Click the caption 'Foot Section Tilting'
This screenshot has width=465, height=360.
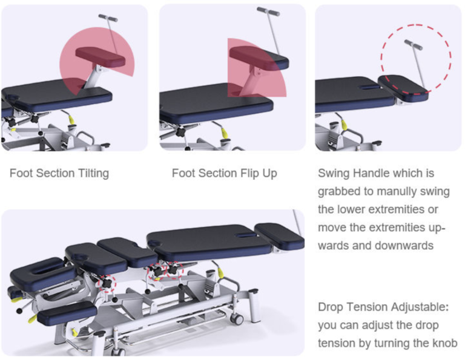[x=59, y=174]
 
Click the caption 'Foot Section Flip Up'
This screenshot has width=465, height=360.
[x=224, y=174]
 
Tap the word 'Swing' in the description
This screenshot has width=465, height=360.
[x=334, y=174]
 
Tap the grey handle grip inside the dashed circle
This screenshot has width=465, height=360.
[x=414, y=44]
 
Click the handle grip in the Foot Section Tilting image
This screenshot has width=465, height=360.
[x=108, y=18]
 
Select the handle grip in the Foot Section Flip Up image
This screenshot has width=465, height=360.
[x=268, y=11]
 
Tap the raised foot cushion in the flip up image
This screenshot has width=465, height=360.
[x=259, y=58]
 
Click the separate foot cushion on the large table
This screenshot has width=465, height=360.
[x=279, y=235]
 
